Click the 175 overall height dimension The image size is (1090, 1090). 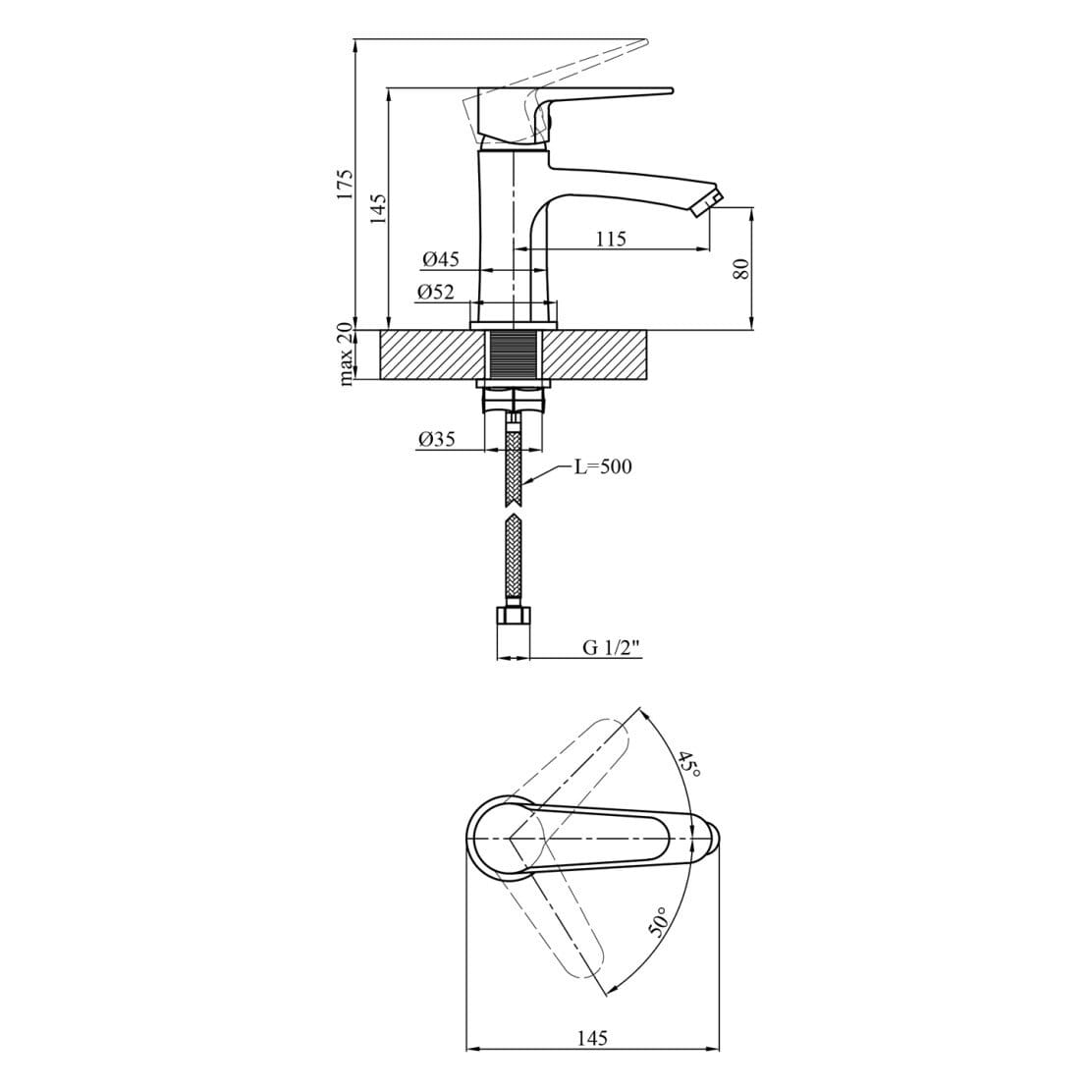pyautogui.click(x=344, y=185)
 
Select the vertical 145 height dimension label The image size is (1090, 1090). pyautogui.click(x=378, y=207)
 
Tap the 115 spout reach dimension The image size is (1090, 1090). pyautogui.click(x=610, y=239)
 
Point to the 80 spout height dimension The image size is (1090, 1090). pyautogui.click(x=742, y=267)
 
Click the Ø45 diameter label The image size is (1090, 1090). pyautogui.click(x=441, y=259)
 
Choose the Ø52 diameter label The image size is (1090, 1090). pyautogui.click(x=435, y=292)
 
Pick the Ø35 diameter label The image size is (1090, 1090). pyautogui.click(x=436, y=440)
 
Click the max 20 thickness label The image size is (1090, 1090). pyautogui.click(x=345, y=354)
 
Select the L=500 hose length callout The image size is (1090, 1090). pyautogui.click(x=603, y=466)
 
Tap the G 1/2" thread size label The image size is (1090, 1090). pyautogui.click(x=611, y=647)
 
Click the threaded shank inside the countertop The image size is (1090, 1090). pyautogui.click(x=514, y=354)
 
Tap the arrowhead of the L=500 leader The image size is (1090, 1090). pyautogui.click(x=528, y=481)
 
